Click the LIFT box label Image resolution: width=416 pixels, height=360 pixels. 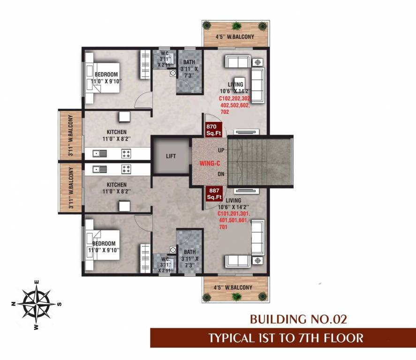click(x=171, y=156)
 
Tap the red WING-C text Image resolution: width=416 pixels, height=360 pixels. click(x=208, y=163)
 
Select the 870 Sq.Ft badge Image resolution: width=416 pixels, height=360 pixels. click(x=213, y=130)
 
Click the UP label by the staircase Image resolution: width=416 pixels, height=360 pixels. click(x=221, y=150)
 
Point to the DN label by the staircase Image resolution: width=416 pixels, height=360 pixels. click(x=221, y=174)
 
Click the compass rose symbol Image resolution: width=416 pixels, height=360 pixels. click(x=36, y=304)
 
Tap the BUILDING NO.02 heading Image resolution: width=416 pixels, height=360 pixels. click(x=298, y=320)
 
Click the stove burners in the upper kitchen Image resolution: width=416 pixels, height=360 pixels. click(x=126, y=152)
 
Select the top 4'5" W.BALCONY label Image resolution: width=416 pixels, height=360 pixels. click(x=234, y=36)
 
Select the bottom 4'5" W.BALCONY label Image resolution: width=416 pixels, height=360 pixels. click(x=233, y=287)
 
